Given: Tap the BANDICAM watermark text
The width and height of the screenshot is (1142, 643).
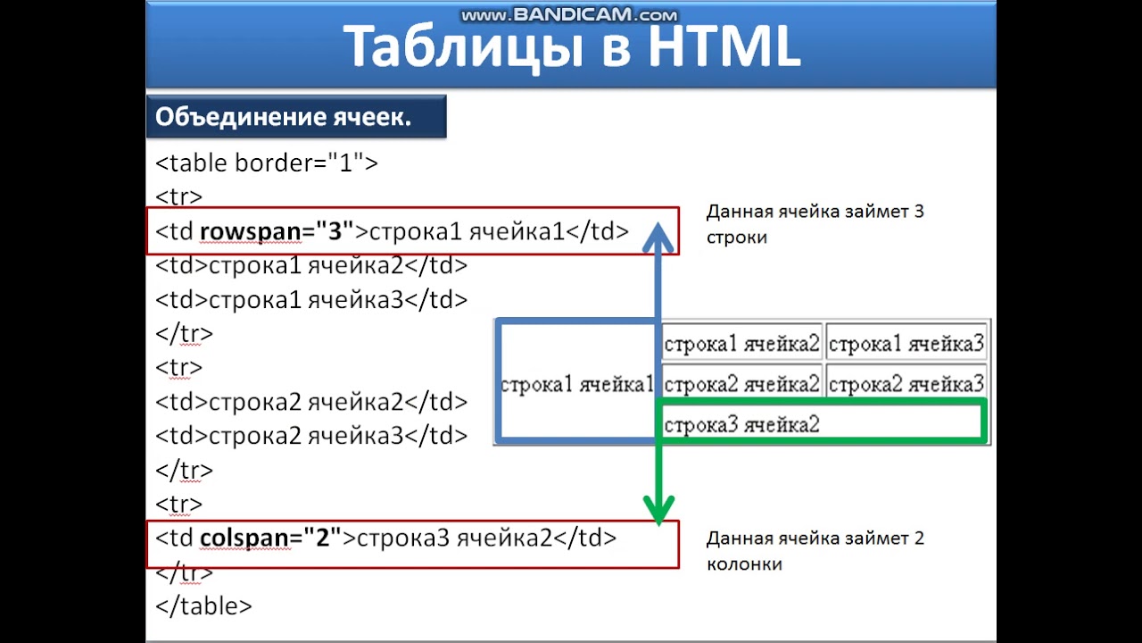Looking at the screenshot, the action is point(569,15).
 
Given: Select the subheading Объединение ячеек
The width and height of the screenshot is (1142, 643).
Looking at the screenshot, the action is point(283,117).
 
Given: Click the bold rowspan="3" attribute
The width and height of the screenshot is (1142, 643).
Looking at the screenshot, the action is point(277,231).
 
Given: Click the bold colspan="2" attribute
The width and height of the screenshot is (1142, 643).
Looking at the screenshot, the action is point(270,538).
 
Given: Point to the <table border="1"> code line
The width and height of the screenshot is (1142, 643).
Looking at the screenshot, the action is point(267,163).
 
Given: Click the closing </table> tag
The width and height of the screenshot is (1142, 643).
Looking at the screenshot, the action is point(203,606).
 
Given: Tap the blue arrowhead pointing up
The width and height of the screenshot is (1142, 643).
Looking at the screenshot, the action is point(658,238).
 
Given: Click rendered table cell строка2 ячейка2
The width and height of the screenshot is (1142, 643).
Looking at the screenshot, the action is point(741,384).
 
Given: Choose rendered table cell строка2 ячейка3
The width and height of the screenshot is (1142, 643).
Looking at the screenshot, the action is point(906,384).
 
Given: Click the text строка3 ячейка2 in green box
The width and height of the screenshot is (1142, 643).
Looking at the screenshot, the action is point(741,424).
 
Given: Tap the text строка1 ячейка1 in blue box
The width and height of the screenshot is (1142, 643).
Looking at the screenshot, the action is point(577,384).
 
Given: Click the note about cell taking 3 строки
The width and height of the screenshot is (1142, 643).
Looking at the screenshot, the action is point(815,224).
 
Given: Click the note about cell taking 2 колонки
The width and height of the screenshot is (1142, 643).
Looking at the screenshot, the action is point(815,551).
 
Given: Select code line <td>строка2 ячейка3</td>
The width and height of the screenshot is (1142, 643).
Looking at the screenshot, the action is point(311,436).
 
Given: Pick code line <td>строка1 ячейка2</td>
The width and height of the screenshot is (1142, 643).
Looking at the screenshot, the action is point(311,265).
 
